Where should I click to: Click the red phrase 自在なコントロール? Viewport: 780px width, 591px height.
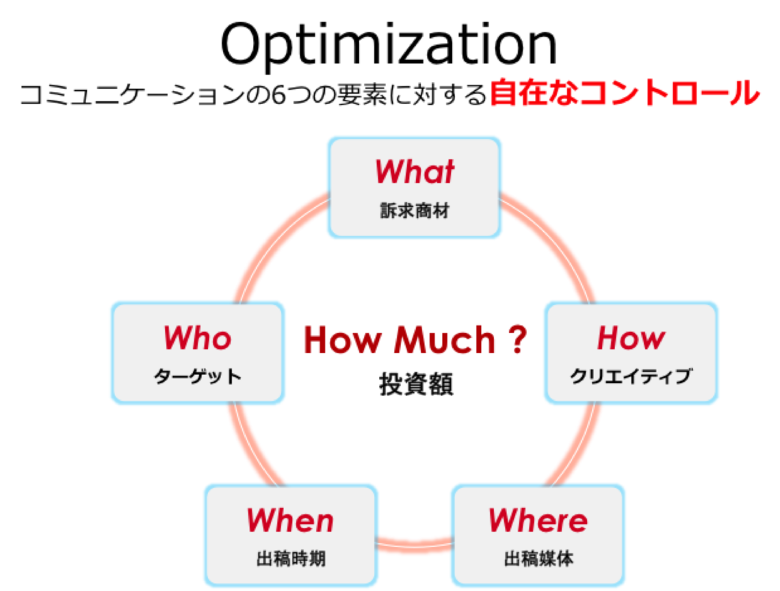click(x=625, y=93)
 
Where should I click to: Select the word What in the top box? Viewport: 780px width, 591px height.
click(x=415, y=172)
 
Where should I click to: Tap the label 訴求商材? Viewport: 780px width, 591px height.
click(x=415, y=211)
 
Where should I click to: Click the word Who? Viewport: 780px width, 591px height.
click(x=198, y=338)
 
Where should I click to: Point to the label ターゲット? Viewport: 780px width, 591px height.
click(x=198, y=376)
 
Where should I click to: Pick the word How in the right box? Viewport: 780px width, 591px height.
click(x=631, y=339)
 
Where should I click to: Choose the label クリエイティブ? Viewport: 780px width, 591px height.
click(x=631, y=376)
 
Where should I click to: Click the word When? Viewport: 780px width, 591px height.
click(x=291, y=521)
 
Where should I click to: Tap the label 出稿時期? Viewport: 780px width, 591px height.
click(x=291, y=559)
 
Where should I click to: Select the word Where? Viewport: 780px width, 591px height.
click(x=538, y=521)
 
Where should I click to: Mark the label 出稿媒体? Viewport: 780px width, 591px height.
click(x=538, y=559)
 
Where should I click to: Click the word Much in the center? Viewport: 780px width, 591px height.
click(x=445, y=340)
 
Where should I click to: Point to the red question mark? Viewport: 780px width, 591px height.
click(x=517, y=340)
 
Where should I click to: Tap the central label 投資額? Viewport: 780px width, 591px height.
click(x=416, y=384)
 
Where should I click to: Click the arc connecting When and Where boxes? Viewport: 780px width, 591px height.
click(x=414, y=544)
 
